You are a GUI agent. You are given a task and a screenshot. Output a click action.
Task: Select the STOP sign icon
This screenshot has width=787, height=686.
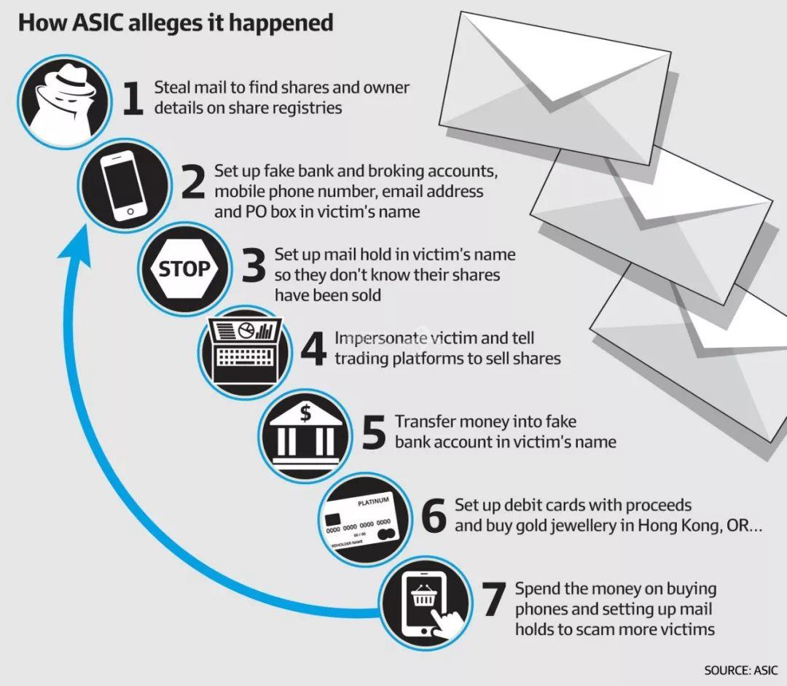pos(185,268)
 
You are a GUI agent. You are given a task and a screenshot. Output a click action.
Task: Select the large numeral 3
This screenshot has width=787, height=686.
pos(254,268)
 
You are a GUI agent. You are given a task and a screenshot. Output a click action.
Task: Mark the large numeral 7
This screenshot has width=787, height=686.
pos(493,599)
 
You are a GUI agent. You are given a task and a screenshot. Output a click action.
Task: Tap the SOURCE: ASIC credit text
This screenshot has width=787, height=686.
pos(741,670)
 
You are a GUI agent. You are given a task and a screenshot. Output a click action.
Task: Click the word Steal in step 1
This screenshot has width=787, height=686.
pos(172,87)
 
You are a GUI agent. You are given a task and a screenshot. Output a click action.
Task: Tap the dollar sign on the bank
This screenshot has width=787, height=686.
pos(306,413)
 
